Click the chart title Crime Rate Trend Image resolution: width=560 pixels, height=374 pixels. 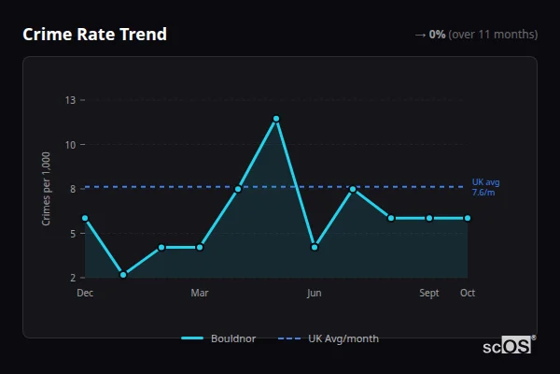[95, 35]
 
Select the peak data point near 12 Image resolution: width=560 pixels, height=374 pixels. [276, 119]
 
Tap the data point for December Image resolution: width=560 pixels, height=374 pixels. [85, 218]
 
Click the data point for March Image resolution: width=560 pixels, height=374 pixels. [200, 248]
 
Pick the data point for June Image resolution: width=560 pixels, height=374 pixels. [315, 248]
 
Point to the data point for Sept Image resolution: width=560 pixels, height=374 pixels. [429, 218]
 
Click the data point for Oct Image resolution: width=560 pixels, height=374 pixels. [468, 218]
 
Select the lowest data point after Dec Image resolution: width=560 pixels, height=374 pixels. [123, 275]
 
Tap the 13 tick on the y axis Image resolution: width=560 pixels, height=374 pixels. [70, 99]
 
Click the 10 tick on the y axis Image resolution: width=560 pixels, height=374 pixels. [70, 144]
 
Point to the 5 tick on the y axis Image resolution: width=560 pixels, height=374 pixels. [73, 233]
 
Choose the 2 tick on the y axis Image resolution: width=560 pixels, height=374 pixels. [73, 278]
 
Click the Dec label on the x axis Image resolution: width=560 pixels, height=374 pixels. [85, 293]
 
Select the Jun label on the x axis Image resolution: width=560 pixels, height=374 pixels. [315, 293]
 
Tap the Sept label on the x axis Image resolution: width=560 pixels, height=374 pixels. [429, 293]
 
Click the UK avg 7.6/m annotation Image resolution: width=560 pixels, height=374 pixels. [484, 187]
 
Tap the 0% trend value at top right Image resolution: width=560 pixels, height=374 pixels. [437, 35]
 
